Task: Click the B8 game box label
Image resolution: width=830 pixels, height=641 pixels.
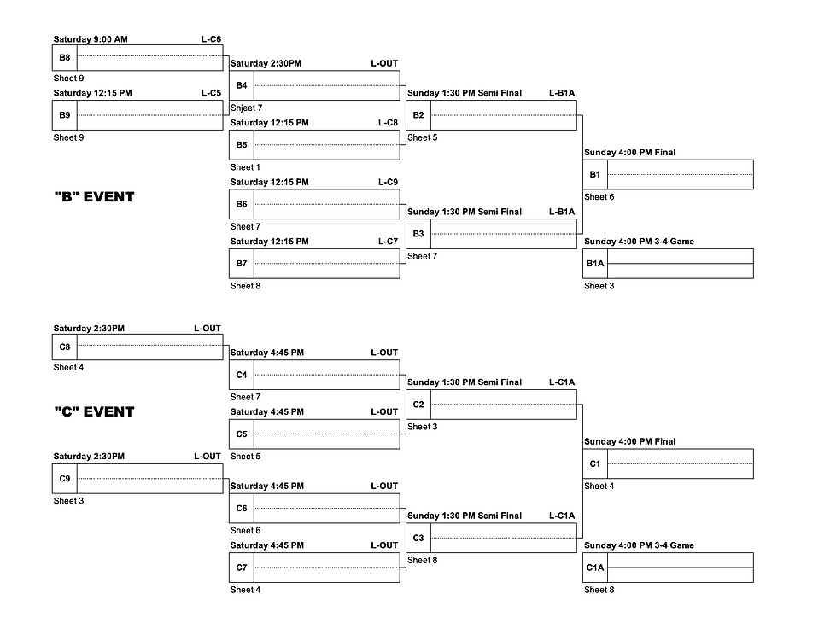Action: click(x=65, y=58)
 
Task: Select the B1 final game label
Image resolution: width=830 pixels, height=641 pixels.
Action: click(x=595, y=174)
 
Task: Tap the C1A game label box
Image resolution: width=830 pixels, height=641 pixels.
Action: click(x=595, y=568)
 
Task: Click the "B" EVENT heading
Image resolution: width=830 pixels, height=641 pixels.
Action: click(x=94, y=197)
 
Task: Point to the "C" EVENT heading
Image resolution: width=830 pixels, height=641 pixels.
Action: click(x=94, y=411)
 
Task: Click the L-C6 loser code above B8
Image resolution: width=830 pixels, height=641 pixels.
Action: click(x=211, y=39)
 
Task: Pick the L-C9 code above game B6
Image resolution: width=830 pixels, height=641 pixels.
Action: click(x=388, y=182)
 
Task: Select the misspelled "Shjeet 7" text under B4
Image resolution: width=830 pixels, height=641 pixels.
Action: click(x=247, y=108)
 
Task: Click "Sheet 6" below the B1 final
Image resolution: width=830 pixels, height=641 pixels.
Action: click(x=599, y=197)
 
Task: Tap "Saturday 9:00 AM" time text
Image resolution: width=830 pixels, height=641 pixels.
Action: click(x=91, y=39)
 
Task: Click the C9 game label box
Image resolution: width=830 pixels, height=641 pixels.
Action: click(x=65, y=479)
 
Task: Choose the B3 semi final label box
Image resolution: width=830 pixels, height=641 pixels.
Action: click(x=418, y=234)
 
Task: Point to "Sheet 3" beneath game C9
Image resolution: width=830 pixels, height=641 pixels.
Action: click(x=68, y=501)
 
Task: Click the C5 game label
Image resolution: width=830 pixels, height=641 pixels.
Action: click(x=242, y=434)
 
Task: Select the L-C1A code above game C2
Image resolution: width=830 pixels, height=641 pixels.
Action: click(x=562, y=382)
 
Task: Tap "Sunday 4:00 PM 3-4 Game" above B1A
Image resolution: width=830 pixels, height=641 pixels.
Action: click(x=639, y=242)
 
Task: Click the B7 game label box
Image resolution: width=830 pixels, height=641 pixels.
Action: click(x=242, y=263)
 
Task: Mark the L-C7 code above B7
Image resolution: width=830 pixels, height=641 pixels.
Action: click(x=388, y=242)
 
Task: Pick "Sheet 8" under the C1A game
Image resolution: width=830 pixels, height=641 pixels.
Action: click(x=599, y=590)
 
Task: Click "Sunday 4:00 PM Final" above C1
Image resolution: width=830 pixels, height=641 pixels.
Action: click(x=629, y=441)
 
